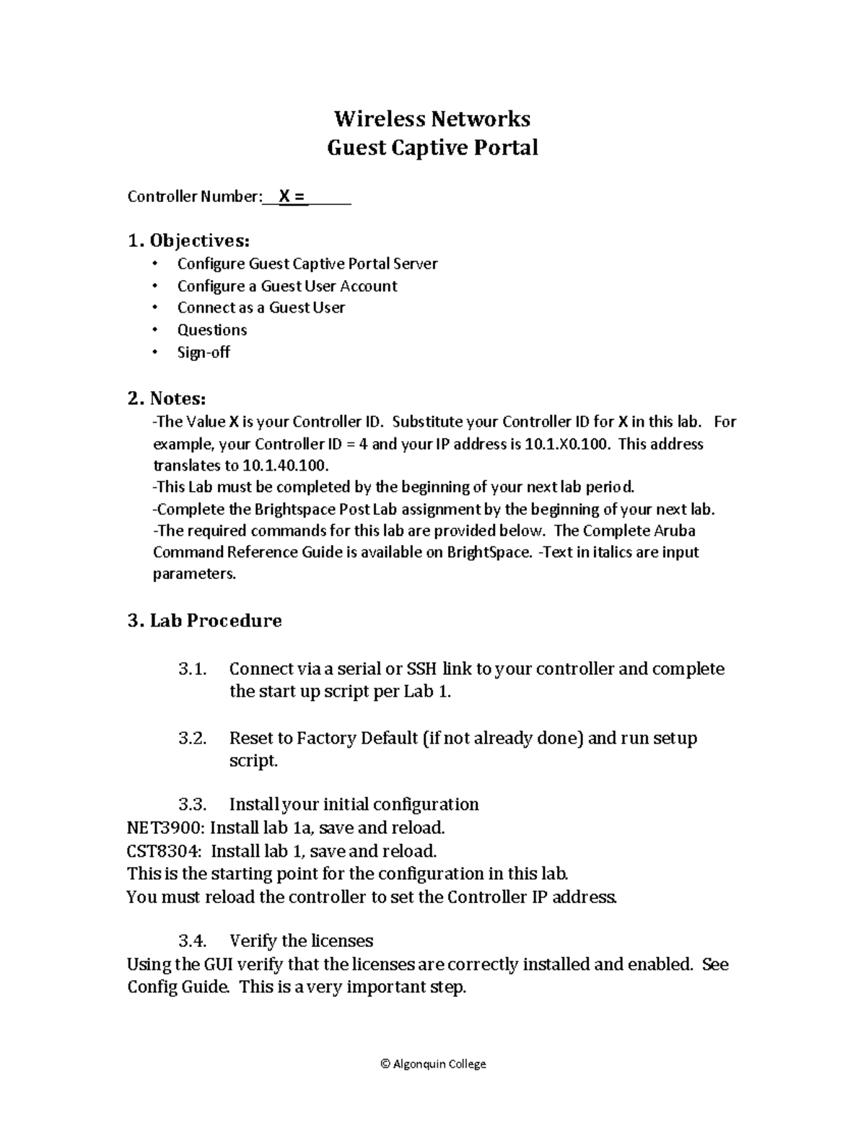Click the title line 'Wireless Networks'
(432, 118)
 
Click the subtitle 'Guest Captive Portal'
(432, 148)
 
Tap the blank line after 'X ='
(330, 197)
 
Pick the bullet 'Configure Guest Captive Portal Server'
(307, 264)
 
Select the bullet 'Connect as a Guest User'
(261, 307)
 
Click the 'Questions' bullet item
(212, 330)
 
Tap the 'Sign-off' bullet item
(204, 352)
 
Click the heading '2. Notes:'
(167, 398)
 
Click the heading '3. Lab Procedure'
(204, 621)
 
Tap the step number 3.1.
(192, 669)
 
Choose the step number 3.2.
(192, 738)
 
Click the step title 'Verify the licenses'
(301, 941)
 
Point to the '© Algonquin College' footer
(432, 1063)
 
